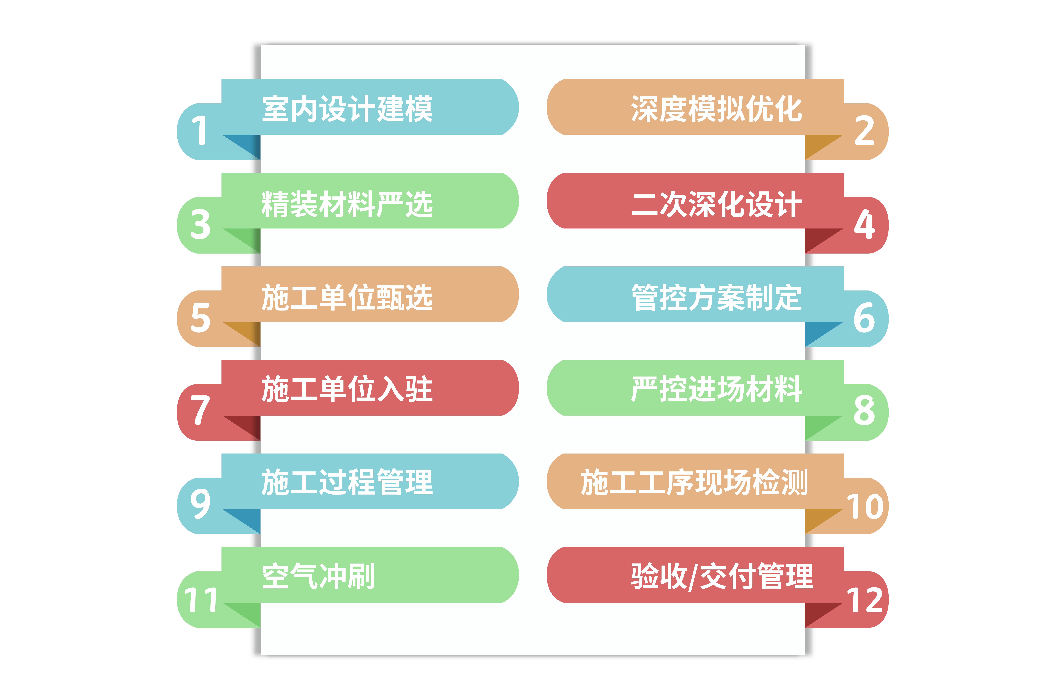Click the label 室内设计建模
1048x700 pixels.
click(x=347, y=109)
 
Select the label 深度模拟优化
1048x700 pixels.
click(x=716, y=109)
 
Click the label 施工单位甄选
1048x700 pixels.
click(x=347, y=297)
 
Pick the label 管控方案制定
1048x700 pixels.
click(x=716, y=297)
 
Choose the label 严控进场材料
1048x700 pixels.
click(x=716, y=389)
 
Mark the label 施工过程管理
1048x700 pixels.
click(x=347, y=482)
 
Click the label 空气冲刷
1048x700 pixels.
click(x=318, y=576)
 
